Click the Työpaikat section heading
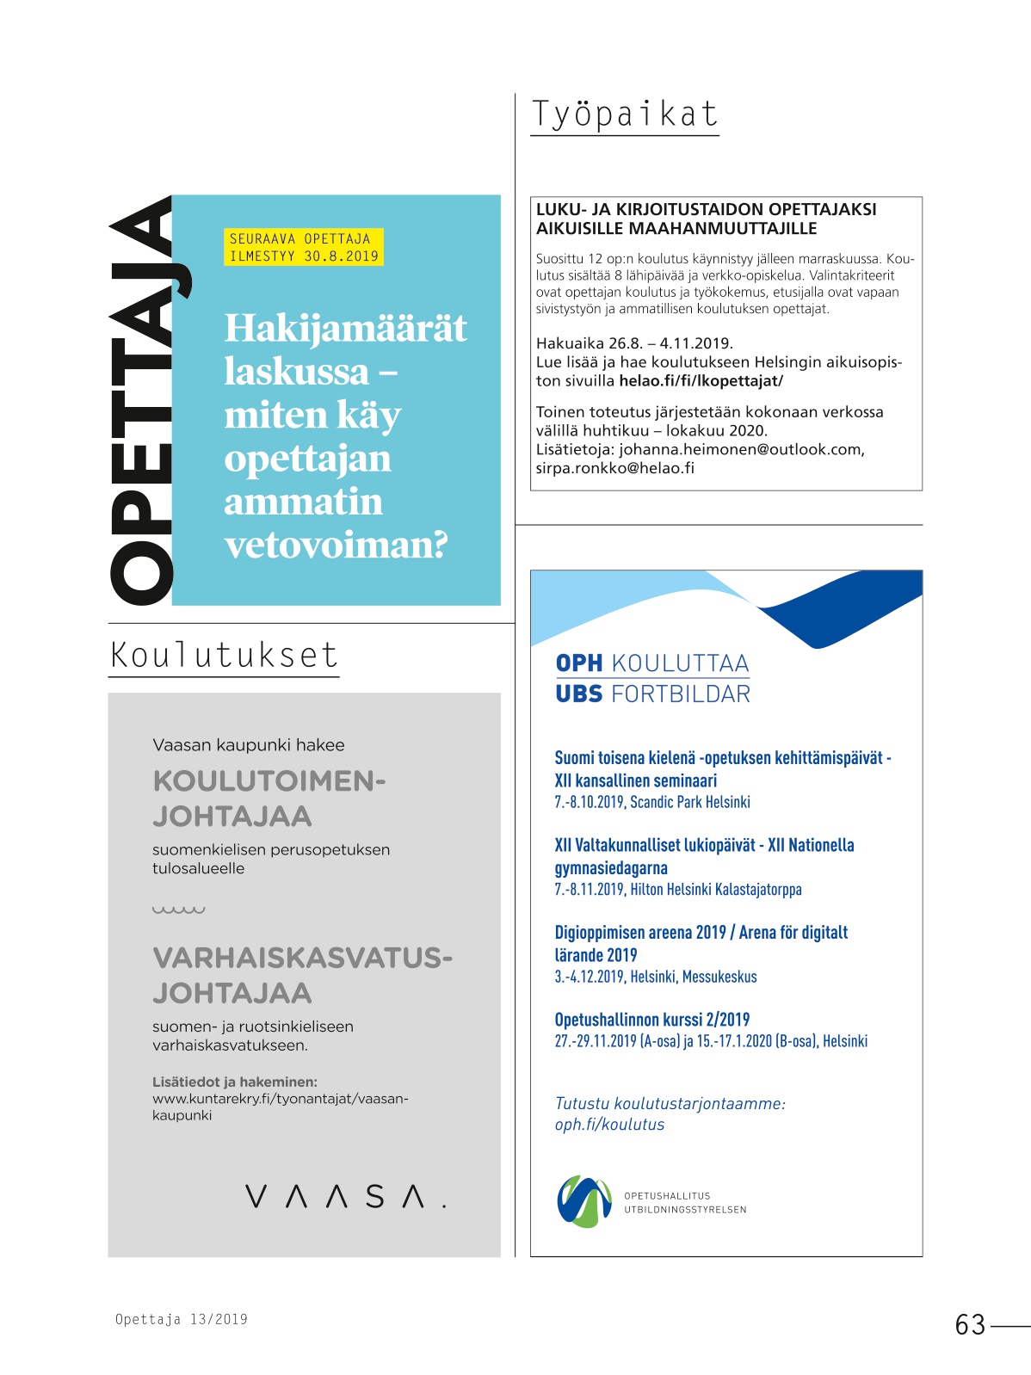(624, 114)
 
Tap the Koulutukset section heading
(224, 655)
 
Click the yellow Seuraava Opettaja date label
(303, 247)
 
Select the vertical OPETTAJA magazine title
(142, 401)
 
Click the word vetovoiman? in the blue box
(336, 546)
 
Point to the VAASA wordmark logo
(345, 1196)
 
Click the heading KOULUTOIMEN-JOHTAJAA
(269, 798)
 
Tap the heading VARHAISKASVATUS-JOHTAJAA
(302, 975)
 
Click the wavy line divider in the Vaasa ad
(178, 909)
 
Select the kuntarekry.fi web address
(280, 1107)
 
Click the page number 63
(970, 1324)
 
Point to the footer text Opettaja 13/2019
(182, 1319)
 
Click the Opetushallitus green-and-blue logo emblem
(584, 1201)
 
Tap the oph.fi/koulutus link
(609, 1125)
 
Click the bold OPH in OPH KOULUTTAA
(578, 663)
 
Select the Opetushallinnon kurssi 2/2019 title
(651, 1020)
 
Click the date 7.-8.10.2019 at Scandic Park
(589, 802)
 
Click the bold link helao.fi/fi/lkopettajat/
(701, 380)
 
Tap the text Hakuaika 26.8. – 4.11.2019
(634, 342)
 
